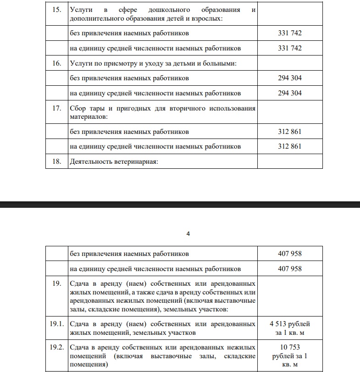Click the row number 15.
56,10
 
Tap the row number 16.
56,63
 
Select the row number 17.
56,108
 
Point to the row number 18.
56,161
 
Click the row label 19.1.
56,324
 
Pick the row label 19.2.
56,347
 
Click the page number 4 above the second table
188,234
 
